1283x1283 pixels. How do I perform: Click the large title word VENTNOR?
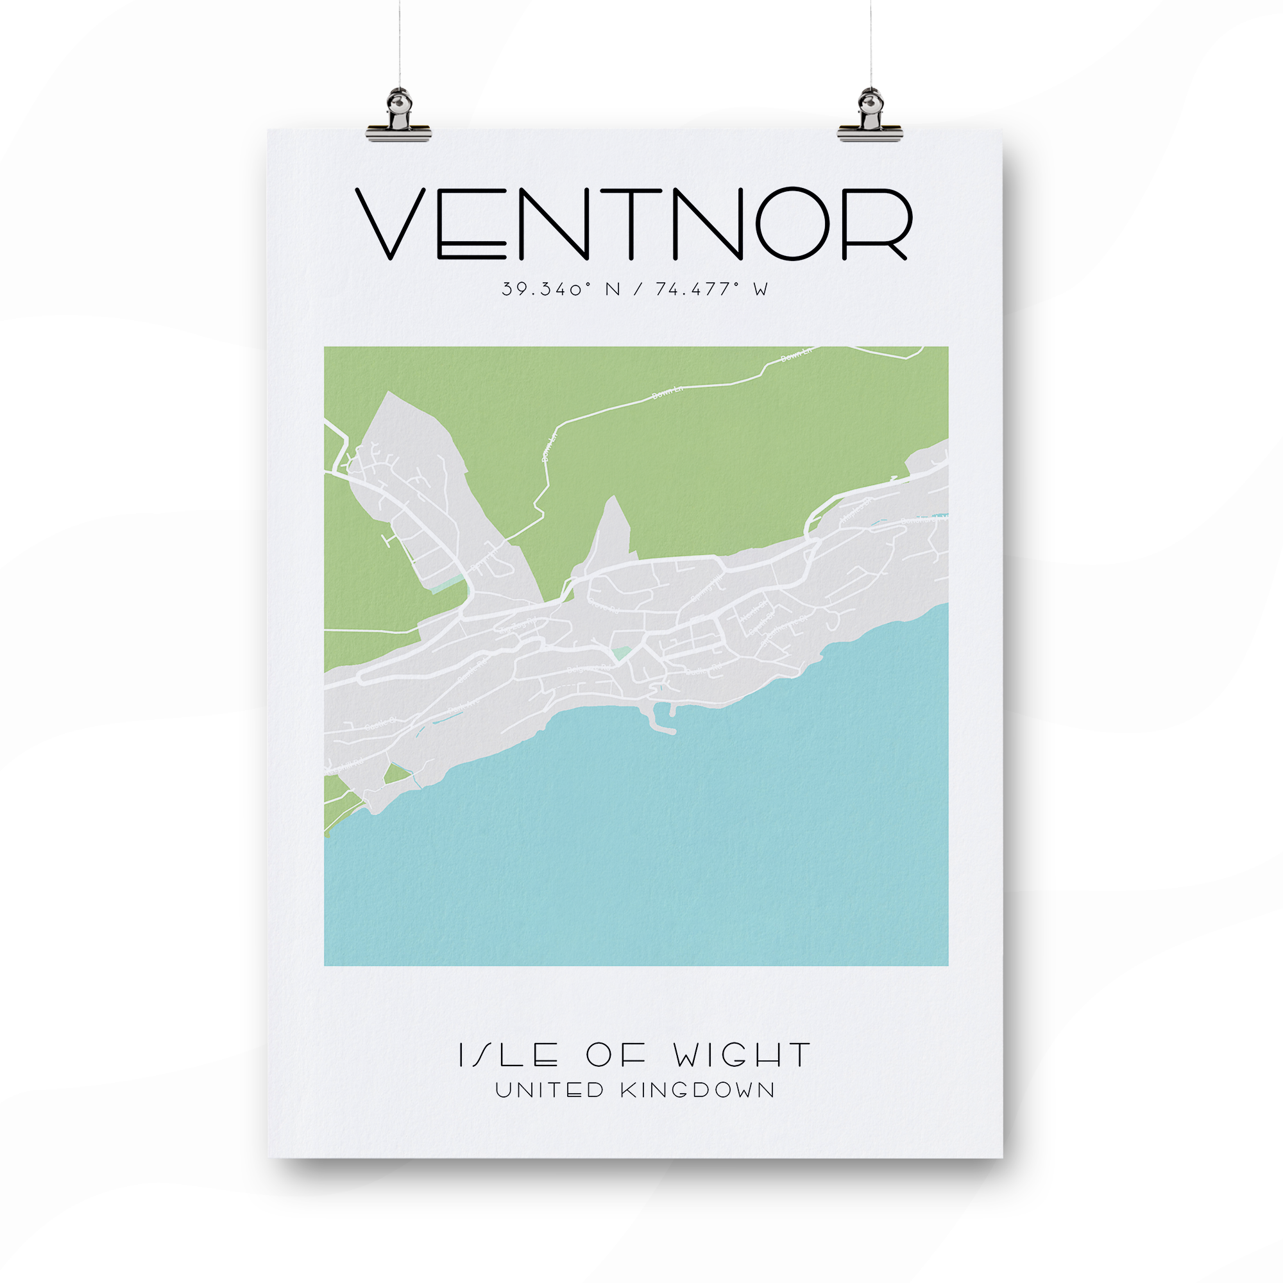coord(634,224)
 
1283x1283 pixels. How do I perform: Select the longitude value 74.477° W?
coord(711,289)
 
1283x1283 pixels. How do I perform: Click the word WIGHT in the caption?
coord(742,1055)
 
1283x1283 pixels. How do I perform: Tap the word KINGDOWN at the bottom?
coord(697,1091)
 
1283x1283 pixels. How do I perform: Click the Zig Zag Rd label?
coord(518,625)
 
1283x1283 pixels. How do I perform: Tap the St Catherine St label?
coord(784,627)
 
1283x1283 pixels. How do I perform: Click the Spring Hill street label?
coord(706,588)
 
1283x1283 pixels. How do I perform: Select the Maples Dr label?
coord(855,510)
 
